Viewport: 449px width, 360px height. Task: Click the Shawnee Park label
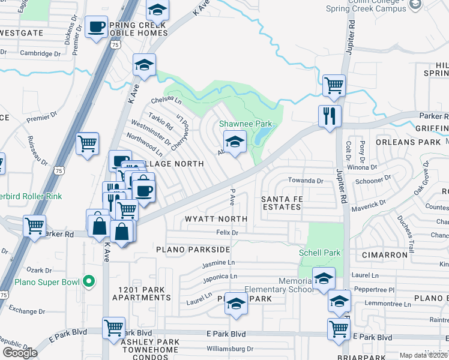[246, 124]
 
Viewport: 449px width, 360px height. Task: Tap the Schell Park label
[320, 253]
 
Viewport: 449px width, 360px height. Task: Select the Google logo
[20, 352]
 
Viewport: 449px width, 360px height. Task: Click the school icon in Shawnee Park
[235, 142]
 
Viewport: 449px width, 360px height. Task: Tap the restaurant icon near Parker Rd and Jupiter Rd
[329, 116]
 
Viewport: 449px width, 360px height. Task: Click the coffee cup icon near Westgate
[96, 27]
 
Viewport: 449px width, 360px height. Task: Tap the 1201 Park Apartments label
[142, 294]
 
